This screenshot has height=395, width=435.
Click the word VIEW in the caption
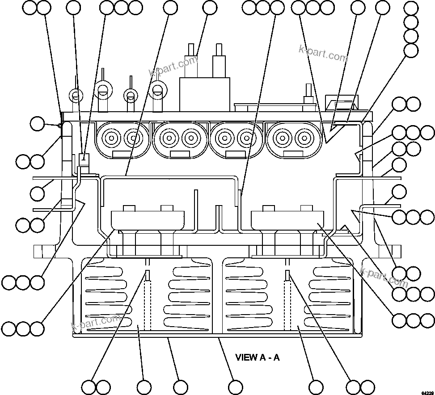[x=246, y=357]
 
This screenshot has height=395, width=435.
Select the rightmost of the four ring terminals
[x=157, y=89]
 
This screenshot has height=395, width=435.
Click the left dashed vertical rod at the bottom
[x=147, y=295]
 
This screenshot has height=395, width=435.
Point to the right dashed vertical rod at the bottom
[x=288, y=295]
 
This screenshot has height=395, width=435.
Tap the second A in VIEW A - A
[x=277, y=357]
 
